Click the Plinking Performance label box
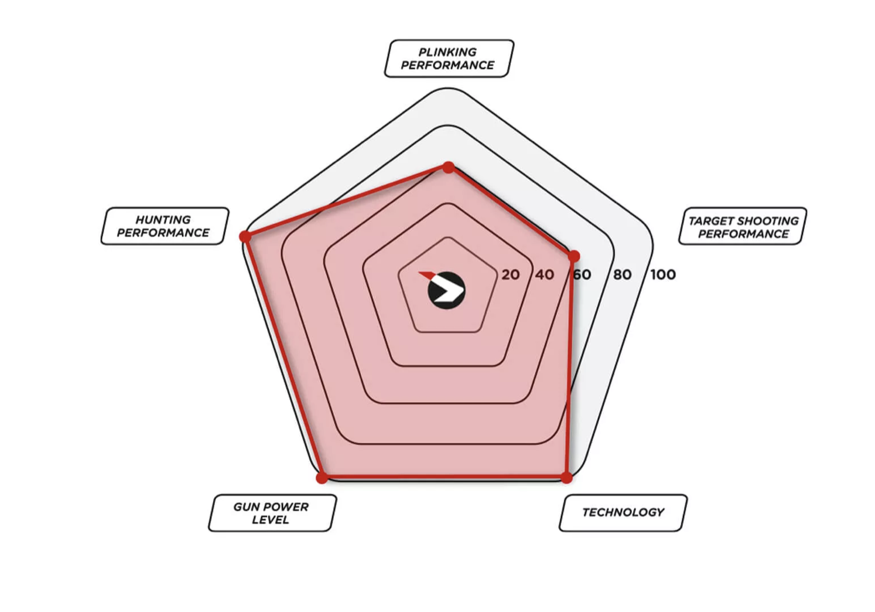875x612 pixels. click(449, 59)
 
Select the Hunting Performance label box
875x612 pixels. click(165, 226)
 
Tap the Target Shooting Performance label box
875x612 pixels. click(743, 226)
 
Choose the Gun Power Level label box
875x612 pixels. click(272, 513)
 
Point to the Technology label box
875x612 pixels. click(623, 513)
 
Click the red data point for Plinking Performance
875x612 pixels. click(449, 168)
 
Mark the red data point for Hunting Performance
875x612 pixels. click(245, 236)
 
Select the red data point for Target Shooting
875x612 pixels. click(573, 257)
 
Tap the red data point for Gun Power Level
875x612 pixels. click(322, 478)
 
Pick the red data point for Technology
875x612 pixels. click(566, 478)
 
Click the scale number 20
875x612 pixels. click(511, 275)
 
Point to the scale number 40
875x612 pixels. click(545, 275)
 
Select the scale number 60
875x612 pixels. click(582, 275)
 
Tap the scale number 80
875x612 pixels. click(622, 275)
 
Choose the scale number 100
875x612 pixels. click(663, 275)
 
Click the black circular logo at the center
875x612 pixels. click(446, 291)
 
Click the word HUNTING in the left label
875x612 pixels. click(163, 220)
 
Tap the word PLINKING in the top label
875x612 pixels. click(447, 52)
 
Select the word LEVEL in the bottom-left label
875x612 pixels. click(271, 520)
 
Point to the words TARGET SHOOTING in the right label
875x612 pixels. click(744, 221)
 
